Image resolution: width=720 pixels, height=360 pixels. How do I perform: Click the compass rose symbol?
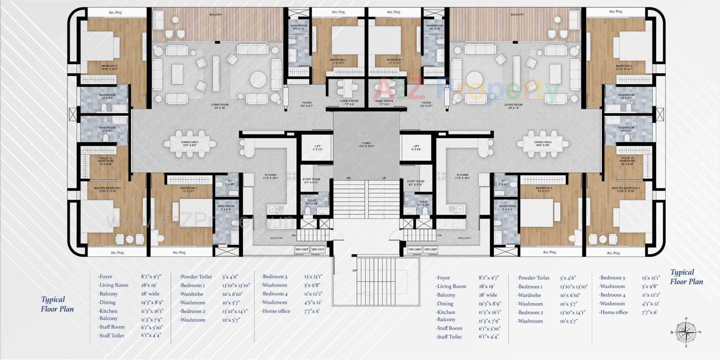pos(686,332)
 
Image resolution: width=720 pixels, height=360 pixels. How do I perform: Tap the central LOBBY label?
pos(366,144)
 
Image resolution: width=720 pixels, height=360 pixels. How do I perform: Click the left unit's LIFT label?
pos(317,148)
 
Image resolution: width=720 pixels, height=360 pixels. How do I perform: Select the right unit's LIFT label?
pos(416,148)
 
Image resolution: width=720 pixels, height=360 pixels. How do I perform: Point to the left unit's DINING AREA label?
pos(189,144)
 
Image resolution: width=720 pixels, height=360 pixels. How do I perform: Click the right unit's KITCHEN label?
pos(462,176)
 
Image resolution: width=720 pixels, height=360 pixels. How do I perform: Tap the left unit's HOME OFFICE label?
pos(349,102)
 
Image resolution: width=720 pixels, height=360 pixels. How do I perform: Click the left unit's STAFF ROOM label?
pos(311,181)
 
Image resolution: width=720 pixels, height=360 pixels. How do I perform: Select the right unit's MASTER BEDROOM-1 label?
pos(625,189)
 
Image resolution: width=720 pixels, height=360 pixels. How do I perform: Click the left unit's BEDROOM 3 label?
pos(189,189)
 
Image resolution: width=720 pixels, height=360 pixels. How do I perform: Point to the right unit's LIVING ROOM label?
pos(513,106)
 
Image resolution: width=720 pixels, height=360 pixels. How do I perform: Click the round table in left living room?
pos(258,79)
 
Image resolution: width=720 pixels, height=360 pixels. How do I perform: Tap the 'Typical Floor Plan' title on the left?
pos(57,304)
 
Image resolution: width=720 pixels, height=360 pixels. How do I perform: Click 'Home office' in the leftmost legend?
pos(276,311)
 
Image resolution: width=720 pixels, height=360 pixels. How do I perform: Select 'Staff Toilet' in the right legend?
pos(449,337)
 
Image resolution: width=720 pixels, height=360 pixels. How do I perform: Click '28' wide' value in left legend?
pos(150,294)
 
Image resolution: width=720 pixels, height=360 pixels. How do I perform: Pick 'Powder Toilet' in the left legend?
pos(196,277)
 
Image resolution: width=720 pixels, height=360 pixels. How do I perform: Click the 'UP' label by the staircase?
pos(384,178)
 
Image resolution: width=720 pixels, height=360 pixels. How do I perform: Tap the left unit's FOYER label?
pos(307,104)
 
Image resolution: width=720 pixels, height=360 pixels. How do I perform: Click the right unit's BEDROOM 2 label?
pos(624,67)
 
